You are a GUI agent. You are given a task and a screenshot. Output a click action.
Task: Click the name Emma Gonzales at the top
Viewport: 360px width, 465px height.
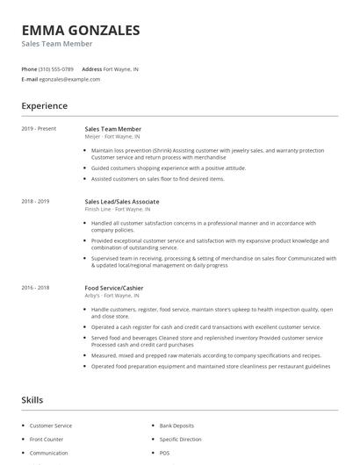click(x=81, y=30)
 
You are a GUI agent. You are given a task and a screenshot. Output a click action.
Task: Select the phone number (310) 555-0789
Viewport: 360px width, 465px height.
click(x=56, y=68)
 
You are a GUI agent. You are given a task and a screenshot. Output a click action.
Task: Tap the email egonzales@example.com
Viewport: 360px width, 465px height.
click(x=69, y=79)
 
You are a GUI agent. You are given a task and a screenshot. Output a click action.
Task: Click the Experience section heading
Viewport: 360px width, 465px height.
click(x=45, y=106)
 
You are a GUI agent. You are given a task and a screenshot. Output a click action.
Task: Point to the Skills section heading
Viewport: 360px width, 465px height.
click(x=32, y=400)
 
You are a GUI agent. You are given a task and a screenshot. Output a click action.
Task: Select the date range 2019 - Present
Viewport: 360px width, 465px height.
click(x=39, y=129)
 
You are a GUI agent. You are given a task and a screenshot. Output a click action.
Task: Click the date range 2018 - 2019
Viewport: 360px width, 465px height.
click(x=35, y=202)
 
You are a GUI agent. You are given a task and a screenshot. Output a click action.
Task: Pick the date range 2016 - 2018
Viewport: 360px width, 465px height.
click(x=35, y=288)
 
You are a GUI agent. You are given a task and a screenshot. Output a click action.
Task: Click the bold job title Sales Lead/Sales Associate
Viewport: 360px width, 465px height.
click(x=121, y=202)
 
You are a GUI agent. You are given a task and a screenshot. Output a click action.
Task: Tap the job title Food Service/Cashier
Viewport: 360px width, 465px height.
click(x=114, y=288)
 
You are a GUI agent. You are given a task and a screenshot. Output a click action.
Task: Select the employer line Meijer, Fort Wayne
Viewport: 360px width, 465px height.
click(x=117, y=137)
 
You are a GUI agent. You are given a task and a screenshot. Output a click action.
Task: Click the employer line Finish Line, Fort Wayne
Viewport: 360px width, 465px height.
click(x=118, y=210)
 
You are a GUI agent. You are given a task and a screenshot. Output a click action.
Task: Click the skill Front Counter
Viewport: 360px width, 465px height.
click(x=47, y=439)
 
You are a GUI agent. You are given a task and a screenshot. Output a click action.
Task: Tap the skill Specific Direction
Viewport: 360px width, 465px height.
click(x=180, y=439)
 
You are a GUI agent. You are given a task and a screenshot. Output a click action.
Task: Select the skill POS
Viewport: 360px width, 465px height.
click(x=164, y=453)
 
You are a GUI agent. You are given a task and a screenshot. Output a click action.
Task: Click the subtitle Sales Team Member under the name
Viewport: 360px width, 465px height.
click(x=57, y=44)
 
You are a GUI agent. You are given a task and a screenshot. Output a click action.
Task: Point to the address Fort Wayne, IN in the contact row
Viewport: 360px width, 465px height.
click(x=120, y=68)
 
